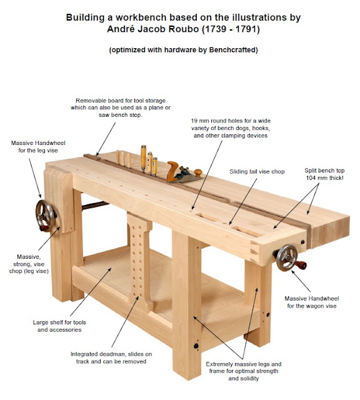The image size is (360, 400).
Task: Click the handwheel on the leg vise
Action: (x=46, y=216)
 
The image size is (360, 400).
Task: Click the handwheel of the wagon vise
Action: (x=287, y=257)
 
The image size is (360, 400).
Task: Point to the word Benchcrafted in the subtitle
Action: (x=232, y=49)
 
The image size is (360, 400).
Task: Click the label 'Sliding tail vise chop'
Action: (x=257, y=171)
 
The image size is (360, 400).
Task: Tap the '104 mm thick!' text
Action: (x=324, y=177)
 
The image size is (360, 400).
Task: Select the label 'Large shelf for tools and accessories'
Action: (x=59, y=326)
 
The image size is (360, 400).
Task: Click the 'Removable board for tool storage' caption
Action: (x=121, y=101)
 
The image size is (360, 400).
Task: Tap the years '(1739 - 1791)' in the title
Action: (x=231, y=29)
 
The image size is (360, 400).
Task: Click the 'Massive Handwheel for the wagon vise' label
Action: (x=311, y=302)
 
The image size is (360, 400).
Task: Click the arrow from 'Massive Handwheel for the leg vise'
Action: (x=35, y=178)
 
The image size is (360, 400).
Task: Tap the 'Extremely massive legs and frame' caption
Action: (x=244, y=371)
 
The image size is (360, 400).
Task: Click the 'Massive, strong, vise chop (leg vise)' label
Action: (x=29, y=264)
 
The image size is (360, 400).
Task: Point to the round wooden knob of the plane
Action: (x=197, y=172)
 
